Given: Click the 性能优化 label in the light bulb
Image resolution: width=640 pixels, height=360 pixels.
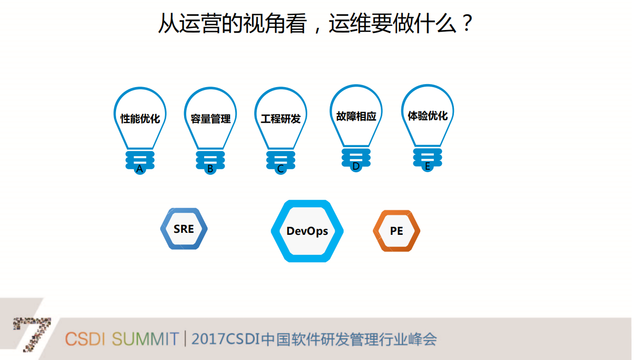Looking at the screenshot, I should pyautogui.click(x=140, y=119).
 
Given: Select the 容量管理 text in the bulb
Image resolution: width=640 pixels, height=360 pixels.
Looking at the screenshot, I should pyautogui.click(x=211, y=119).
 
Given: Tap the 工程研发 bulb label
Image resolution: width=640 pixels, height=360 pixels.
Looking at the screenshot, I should pyautogui.click(x=281, y=119).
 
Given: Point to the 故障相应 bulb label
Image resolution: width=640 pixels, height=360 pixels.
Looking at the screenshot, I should pyautogui.click(x=356, y=116).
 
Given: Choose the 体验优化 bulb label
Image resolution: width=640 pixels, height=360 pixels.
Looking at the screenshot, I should pyautogui.click(x=428, y=116).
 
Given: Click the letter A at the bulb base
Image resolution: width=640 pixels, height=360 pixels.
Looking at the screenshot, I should pyautogui.click(x=140, y=169).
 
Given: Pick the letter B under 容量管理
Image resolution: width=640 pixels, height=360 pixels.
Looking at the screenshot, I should pyautogui.click(x=210, y=169).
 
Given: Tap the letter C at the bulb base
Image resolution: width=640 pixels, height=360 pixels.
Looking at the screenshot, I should pyautogui.click(x=280, y=169).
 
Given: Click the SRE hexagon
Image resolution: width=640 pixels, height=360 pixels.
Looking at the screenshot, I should pyautogui.click(x=184, y=229).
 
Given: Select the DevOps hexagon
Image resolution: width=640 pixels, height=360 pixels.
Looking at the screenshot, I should pyautogui.click(x=307, y=231).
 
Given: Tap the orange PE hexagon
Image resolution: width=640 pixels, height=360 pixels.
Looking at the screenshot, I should pyautogui.click(x=396, y=231).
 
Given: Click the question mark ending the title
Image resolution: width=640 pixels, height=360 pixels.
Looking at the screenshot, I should pyautogui.click(x=466, y=24).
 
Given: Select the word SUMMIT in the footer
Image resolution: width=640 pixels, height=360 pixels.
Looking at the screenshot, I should pyautogui.click(x=145, y=339).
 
